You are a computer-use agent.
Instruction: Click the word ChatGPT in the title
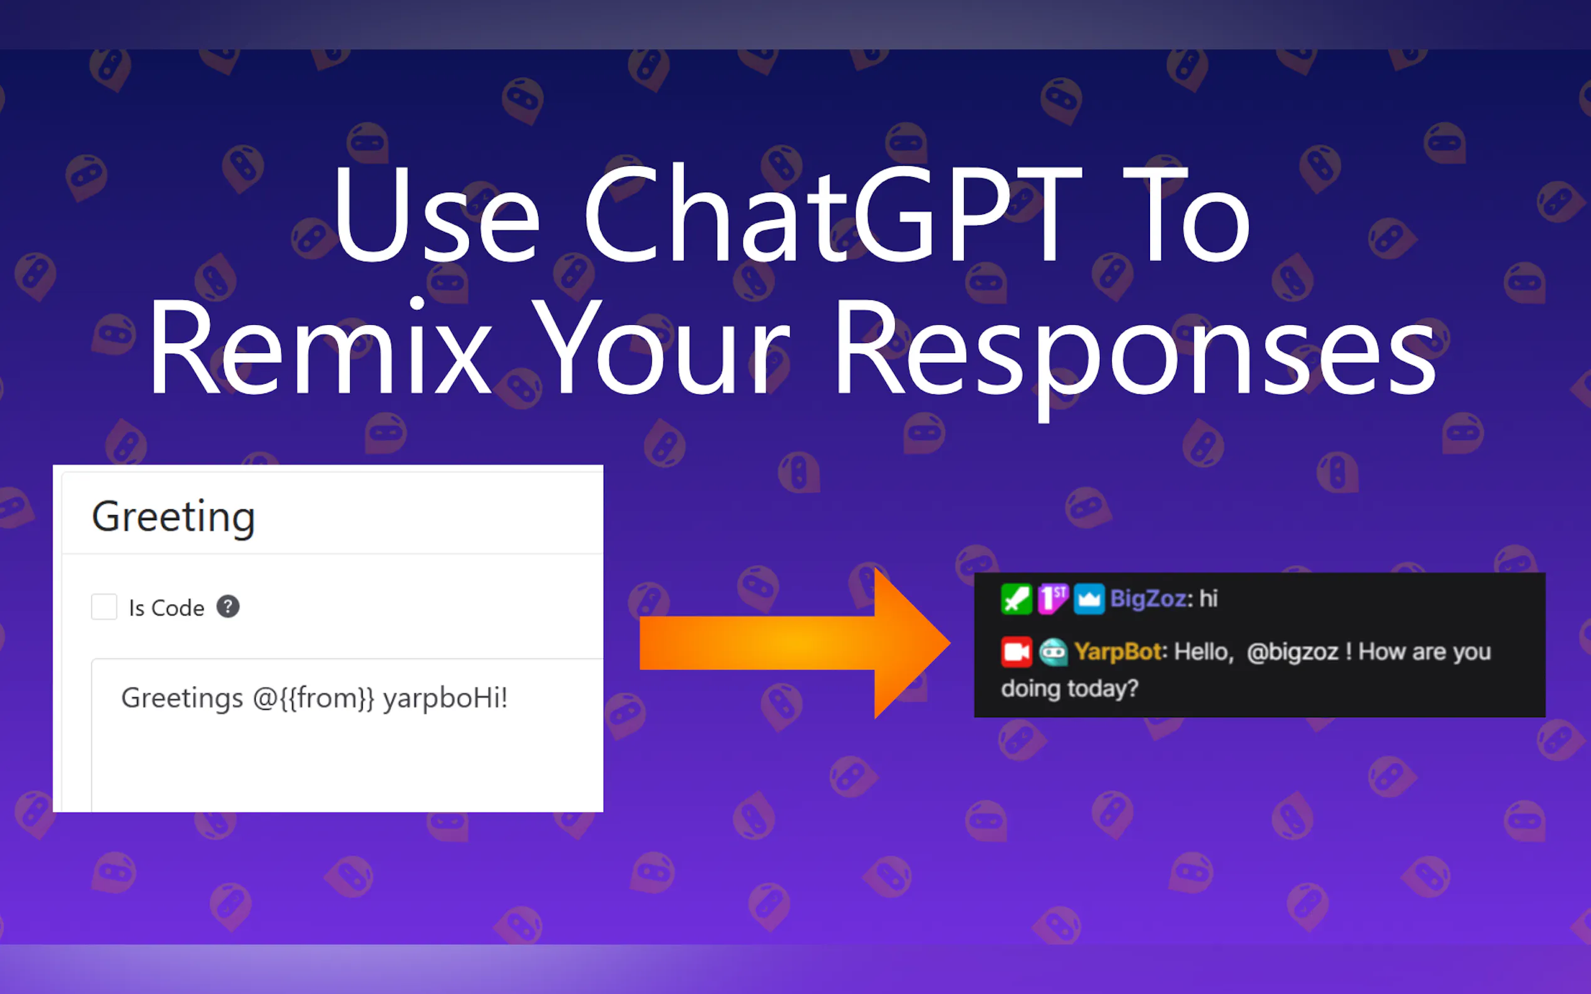point(832,213)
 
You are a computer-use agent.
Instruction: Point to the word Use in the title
point(436,213)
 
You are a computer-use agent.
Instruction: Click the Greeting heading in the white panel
point(174,518)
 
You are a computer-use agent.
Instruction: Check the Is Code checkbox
point(104,607)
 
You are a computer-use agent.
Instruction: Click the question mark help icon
point(228,606)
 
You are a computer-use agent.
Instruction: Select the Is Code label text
point(167,608)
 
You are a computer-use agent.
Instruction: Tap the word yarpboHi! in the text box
point(446,698)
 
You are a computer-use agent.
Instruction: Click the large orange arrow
point(794,643)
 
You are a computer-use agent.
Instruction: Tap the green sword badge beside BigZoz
point(1016,599)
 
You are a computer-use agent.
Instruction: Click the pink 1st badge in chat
point(1053,599)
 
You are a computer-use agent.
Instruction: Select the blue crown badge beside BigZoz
point(1089,599)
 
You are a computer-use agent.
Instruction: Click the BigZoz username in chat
point(1148,599)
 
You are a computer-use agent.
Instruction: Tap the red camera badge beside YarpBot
point(1016,652)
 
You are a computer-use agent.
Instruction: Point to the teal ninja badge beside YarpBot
point(1053,652)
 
